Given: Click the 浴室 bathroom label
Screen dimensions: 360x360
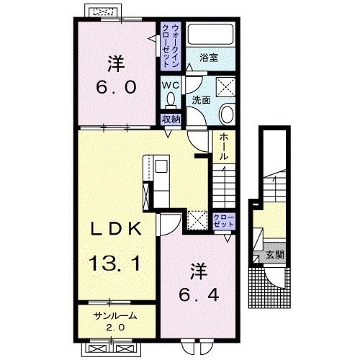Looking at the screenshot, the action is [x=209, y=58].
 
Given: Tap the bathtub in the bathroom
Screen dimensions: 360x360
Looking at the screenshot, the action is [x=210, y=34].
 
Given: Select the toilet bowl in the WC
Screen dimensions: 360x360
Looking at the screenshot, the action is [x=171, y=100].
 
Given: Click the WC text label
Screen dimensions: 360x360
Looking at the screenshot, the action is [x=171, y=85].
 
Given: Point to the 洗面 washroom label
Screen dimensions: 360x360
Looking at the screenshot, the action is [x=201, y=100].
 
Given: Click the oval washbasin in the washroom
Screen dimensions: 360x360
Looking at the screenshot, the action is [x=227, y=114].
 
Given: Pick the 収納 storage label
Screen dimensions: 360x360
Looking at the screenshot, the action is [x=171, y=120].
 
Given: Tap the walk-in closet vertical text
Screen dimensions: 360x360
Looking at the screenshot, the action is [x=171, y=46].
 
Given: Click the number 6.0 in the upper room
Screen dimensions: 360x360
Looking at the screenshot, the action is [x=116, y=87].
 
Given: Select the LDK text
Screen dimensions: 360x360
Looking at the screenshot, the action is [x=115, y=229].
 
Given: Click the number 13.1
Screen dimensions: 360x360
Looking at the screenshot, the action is [x=115, y=263].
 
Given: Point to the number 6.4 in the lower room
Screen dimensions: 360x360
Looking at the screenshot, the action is [x=199, y=294].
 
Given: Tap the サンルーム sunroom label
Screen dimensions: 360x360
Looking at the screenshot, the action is [x=116, y=316].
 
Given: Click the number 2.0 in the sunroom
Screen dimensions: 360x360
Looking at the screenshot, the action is [x=115, y=328].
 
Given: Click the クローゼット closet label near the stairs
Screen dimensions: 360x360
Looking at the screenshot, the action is [x=224, y=221].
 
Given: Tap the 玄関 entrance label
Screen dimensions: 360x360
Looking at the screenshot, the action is [x=275, y=255].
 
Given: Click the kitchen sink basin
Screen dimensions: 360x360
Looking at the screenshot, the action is [x=161, y=166].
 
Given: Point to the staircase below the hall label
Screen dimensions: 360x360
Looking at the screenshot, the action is [x=224, y=186].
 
